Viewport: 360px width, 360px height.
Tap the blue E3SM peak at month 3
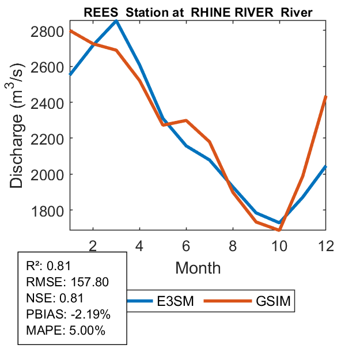tap(116, 21)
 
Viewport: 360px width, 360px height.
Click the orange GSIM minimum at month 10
tap(279, 230)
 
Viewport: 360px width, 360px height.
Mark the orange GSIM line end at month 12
tap(325, 97)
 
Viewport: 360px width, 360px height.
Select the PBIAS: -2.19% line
tap(68, 314)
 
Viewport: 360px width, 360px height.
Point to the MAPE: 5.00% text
tap(65, 331)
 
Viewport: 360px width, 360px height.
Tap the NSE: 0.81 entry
tap(55, 298)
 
